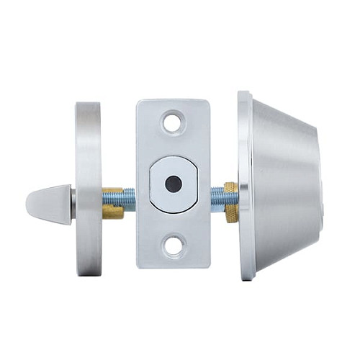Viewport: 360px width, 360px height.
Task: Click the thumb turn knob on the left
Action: tap(48, 204)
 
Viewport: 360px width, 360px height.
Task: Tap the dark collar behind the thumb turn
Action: tap(73, 205)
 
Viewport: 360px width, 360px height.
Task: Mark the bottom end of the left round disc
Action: tap(89, 274)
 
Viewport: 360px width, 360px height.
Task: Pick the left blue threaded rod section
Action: tap(128, 199)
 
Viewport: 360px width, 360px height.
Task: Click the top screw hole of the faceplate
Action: tap(173, 122)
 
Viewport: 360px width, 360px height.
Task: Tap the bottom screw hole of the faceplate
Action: tap(173, 246)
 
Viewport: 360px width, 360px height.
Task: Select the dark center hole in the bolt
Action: tap(172, 184)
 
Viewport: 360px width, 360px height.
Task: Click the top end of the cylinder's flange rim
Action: tap(244, 93)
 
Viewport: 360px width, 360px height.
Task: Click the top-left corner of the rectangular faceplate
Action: tap(138, 102)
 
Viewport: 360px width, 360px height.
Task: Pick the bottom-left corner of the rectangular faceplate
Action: tap(138, 266)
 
